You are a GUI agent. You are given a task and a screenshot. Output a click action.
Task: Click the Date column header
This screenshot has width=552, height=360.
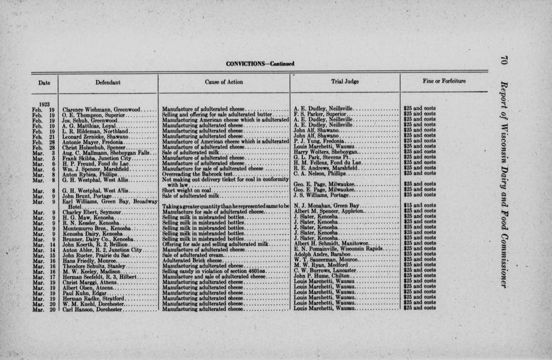pyautogui.click(x=44, y=82)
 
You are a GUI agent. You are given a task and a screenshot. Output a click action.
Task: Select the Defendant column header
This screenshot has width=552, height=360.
pyautogui.click(x=108, y=82)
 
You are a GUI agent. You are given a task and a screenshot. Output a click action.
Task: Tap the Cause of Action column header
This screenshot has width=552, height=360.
pyautogui.click(x=224, y=82)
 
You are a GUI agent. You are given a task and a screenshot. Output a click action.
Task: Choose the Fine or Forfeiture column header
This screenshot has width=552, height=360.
pyautogui.click(x=444, y=80)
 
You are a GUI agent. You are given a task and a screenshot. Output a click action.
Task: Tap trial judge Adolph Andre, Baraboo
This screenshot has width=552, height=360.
pyautogui.click(x=325, y=254)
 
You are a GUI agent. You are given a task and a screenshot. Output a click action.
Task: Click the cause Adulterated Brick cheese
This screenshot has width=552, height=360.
pyautogui.click(x=192, y=259)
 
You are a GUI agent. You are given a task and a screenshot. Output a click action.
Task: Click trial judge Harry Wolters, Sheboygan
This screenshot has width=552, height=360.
pyautogui.click(x=325, y=152)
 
